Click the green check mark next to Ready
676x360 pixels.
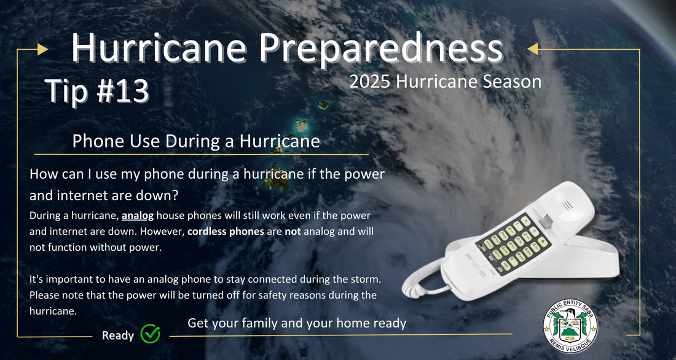tap(151, 334)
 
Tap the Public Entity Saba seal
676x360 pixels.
tap(570, 326)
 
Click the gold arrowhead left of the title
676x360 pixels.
tap(42, 49)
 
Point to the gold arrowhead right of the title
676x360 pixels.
tap(533, 49)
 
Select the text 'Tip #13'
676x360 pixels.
tap(97, 91)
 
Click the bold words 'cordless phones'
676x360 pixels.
tap(226, 231)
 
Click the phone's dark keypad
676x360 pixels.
tap(514, 244)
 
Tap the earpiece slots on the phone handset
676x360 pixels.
tap(567, 205)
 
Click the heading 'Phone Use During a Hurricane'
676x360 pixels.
tap(196, 141)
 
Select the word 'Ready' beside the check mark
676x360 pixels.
tap(118, 335)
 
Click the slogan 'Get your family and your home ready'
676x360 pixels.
tap(297, 323)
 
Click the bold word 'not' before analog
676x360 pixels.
tap(293, 231)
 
